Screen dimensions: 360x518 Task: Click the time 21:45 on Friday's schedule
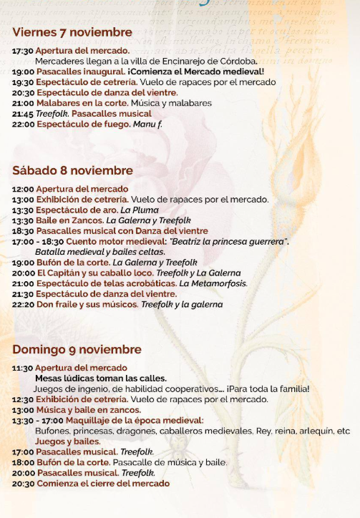pyautogui.click(x=22, y=113)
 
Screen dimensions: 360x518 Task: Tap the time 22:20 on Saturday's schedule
pyautogui.click(x=22, y=304)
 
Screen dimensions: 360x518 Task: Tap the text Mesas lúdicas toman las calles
pyautogui.click(x=100, y=378)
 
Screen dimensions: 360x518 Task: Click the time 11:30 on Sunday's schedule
pyautogui.click(x=22, y=368)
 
